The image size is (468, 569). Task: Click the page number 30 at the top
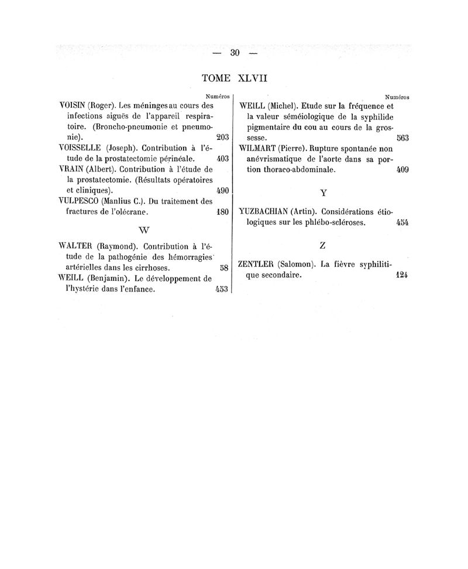pyautogui.click(x=236, y=53)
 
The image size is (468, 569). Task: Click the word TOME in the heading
pyautogui.click(x=216, y=78)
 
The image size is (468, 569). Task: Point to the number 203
pyautogui.click(x=221, y=138)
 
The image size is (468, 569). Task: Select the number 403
pyautogui.click(x=222, y=159)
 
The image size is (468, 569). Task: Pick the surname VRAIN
pyautogui.click(x=71, y=169)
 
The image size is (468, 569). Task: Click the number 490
pyautogui.click(x=222, y=190)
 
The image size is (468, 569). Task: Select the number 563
pyautogui.click(x=402, y=138)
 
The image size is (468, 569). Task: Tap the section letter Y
pyautogui.click(x=323, y=192)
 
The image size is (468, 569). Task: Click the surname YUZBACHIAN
pyautogui.click(x=264, y=211)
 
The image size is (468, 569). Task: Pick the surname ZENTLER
pyautogui.click(x=259, y=264)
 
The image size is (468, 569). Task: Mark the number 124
pyautogui.click(x=402, y=275)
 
